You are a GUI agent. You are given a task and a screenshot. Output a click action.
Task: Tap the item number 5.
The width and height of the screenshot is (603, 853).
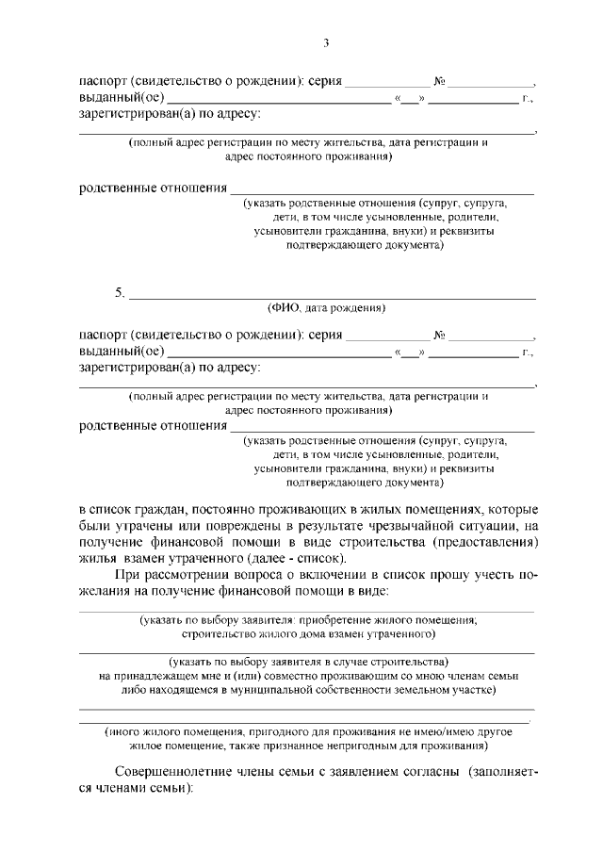click(x=120, y=292)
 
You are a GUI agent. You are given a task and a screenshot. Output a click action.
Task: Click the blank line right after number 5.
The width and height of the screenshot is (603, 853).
click(x=330, y=296)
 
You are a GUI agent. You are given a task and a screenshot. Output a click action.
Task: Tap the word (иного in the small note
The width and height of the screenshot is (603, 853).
click(x=122, y=731)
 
